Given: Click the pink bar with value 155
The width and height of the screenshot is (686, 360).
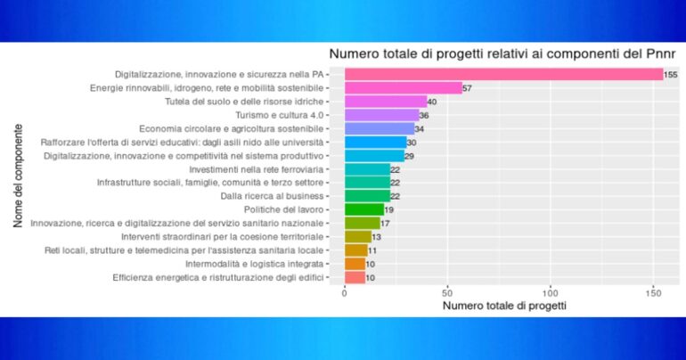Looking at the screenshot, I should point(503,74).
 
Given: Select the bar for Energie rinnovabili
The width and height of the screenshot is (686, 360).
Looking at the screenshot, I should point(404,88).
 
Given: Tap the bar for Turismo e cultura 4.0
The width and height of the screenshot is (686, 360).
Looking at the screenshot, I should point(381,115).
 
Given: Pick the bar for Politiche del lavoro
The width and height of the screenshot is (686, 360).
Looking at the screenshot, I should point(363,209).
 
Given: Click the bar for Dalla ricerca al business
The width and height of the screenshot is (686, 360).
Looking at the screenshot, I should point(367,196).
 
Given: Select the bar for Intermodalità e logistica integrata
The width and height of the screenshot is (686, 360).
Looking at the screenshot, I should point(355,264).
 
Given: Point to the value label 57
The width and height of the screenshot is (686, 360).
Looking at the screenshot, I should point(468,88).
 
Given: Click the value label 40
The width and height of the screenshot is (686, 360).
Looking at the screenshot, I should point(432,102).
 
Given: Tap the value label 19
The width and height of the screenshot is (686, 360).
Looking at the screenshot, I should point(389,209).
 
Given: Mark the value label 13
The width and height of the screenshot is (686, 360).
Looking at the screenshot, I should point(377,237).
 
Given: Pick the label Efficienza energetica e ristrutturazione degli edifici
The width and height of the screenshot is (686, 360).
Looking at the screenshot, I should point(219,277).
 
